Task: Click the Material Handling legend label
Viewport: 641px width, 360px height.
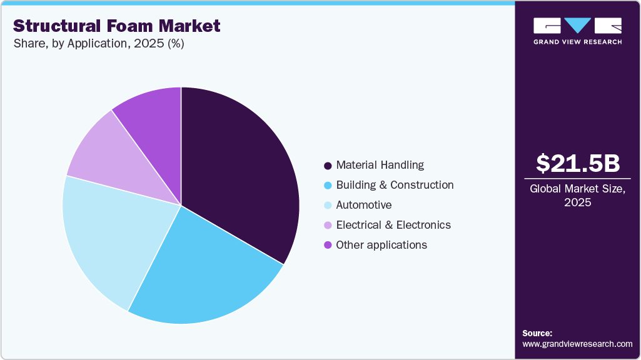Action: (380, 165)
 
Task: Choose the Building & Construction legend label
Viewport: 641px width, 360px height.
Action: (395, 185)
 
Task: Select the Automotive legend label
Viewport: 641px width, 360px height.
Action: (363, 205)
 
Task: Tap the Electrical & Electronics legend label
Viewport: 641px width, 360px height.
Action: (393, 225)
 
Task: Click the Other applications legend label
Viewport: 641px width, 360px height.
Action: (381, 245)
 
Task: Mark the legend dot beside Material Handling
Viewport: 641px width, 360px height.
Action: (327, 166)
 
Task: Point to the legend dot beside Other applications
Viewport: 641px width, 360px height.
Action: (327, 246)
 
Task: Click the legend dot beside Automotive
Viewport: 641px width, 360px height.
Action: (327, 206)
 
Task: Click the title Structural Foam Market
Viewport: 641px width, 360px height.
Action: (117, 26)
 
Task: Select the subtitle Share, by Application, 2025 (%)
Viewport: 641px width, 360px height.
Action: (98, 44)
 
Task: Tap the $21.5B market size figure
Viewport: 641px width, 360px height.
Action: (578, 163)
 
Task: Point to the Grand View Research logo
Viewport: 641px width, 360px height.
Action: (577, 31)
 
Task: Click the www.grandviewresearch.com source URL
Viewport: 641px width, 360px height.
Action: (577, 344)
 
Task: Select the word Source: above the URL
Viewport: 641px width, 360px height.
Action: (537, 333)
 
